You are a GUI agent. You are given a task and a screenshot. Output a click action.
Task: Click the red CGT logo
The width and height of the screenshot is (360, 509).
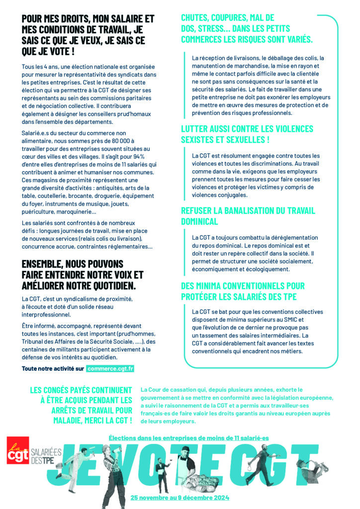[x=17, y=450]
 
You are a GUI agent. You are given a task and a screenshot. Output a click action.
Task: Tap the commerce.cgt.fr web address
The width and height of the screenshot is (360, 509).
[x=110, y=369]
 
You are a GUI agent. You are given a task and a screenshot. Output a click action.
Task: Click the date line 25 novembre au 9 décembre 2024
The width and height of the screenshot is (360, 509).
[x=180, y=497]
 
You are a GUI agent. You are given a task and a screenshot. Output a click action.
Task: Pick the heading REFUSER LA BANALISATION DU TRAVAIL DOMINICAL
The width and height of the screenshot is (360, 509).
[x=248, y=216]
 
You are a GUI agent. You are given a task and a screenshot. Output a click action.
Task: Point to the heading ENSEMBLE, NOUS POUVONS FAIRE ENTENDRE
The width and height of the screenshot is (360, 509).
[x=83, y=274]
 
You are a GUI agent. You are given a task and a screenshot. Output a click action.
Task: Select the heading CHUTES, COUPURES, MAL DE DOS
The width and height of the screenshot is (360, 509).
[x=247, y=28]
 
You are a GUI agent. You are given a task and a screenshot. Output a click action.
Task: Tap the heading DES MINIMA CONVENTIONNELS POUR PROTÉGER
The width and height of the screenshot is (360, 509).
[x=243, y=291]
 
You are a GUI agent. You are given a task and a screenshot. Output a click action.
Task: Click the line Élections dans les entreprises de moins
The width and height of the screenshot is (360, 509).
[x=188, y=438]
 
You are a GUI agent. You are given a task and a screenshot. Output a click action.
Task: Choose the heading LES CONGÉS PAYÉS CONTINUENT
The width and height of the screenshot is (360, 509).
[x=82, y=405]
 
